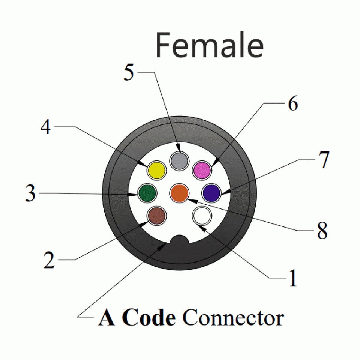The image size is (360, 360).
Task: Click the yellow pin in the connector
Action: tap(156, 171)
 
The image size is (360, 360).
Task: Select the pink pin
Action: tap(202, 170)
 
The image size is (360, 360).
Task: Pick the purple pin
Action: tap(211, 193)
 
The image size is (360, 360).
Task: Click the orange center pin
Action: tap(179, 193)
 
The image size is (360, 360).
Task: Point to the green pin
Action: tap(147, 193)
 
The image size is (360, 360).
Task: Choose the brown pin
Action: tap(156, 216)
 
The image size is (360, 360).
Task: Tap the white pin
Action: tap(202, 216)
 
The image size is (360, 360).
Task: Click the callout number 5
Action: tap(129, 73)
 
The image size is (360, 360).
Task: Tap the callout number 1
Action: tap(292, 278)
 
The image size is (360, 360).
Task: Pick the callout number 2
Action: tap(49, 260)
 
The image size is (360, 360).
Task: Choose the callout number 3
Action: tap(30, 194)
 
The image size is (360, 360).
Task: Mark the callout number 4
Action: tap(46, 127)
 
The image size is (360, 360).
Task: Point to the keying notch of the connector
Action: tap(179, 241)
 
